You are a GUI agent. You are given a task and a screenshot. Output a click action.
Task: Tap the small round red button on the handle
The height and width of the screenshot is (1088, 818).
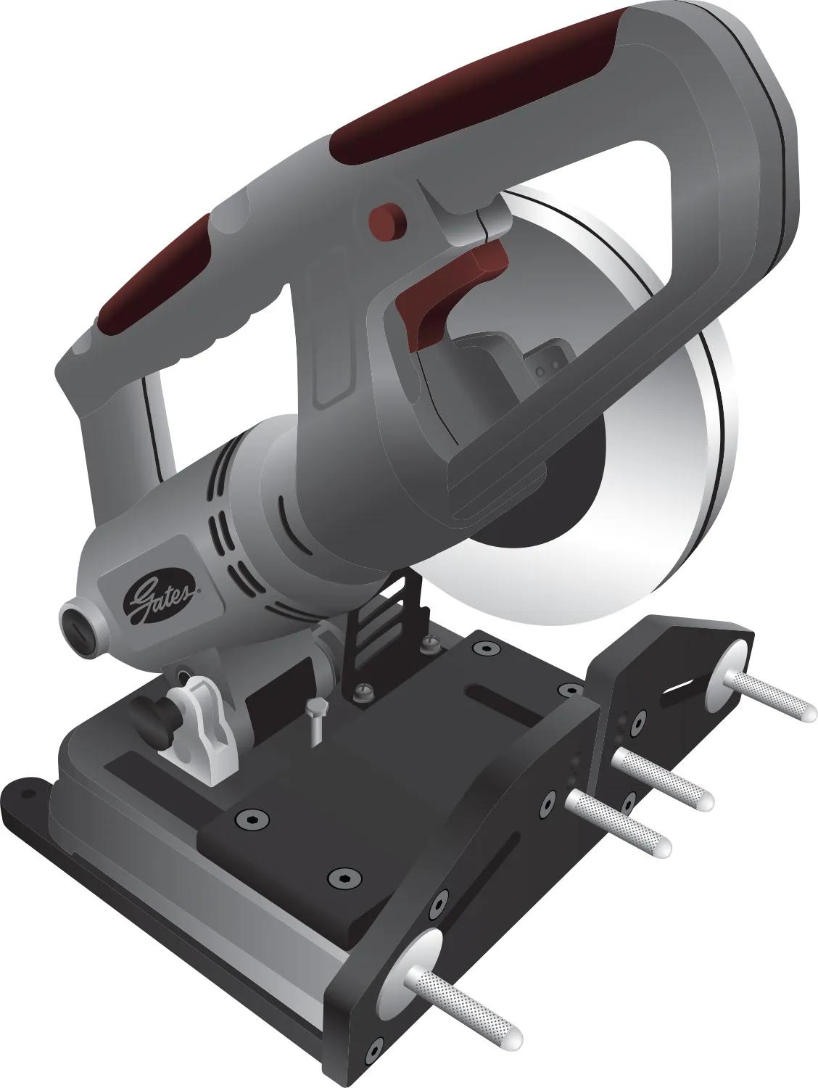click(387, 218)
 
